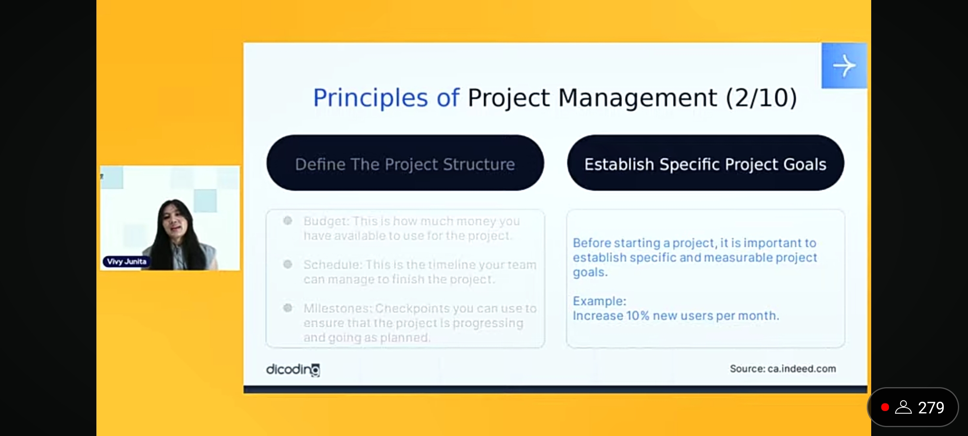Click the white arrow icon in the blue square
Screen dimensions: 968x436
844,66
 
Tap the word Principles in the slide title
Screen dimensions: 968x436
370,98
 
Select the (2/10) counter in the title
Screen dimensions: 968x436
761,98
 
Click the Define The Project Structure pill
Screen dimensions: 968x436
405,163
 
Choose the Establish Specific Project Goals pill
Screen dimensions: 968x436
705,163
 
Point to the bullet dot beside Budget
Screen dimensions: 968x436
288,220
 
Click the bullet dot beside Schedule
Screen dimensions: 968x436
288,264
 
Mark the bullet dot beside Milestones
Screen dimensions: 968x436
288,308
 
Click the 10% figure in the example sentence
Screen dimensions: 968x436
638,315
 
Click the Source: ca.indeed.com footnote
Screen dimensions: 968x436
783,369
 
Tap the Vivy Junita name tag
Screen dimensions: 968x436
126,262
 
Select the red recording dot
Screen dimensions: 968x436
885,407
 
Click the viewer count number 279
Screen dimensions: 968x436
931,407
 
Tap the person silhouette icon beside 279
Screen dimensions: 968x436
903,407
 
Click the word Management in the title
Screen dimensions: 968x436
637,98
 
